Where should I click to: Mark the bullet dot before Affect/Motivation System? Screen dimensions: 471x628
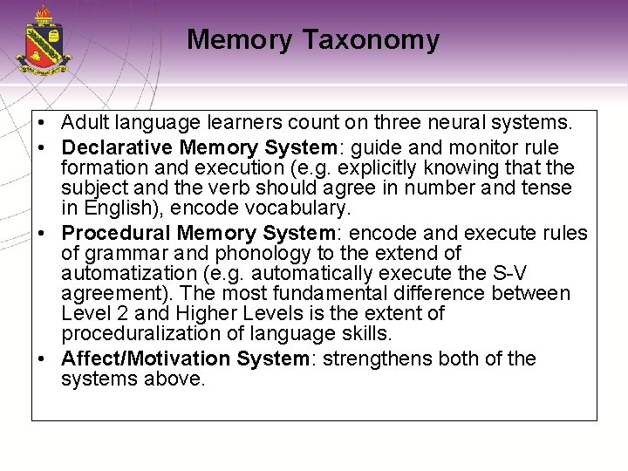[42, 359]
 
